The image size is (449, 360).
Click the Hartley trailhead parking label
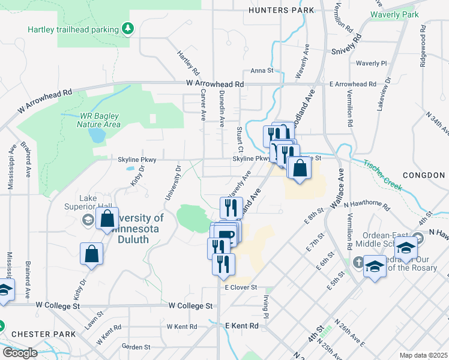74,29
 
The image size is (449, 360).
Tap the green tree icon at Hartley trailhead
127,28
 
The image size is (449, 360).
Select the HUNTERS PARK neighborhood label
282,10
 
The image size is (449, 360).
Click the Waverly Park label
394,14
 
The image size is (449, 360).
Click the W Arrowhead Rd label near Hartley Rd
215,84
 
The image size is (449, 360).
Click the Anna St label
262,70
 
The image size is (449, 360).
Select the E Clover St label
241,288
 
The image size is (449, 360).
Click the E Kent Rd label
241,326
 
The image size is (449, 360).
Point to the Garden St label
135,347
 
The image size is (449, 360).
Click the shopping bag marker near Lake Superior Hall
107,220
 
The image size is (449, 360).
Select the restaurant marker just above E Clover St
223,264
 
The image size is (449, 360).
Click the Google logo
20,353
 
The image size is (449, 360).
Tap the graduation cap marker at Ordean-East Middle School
406,248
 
